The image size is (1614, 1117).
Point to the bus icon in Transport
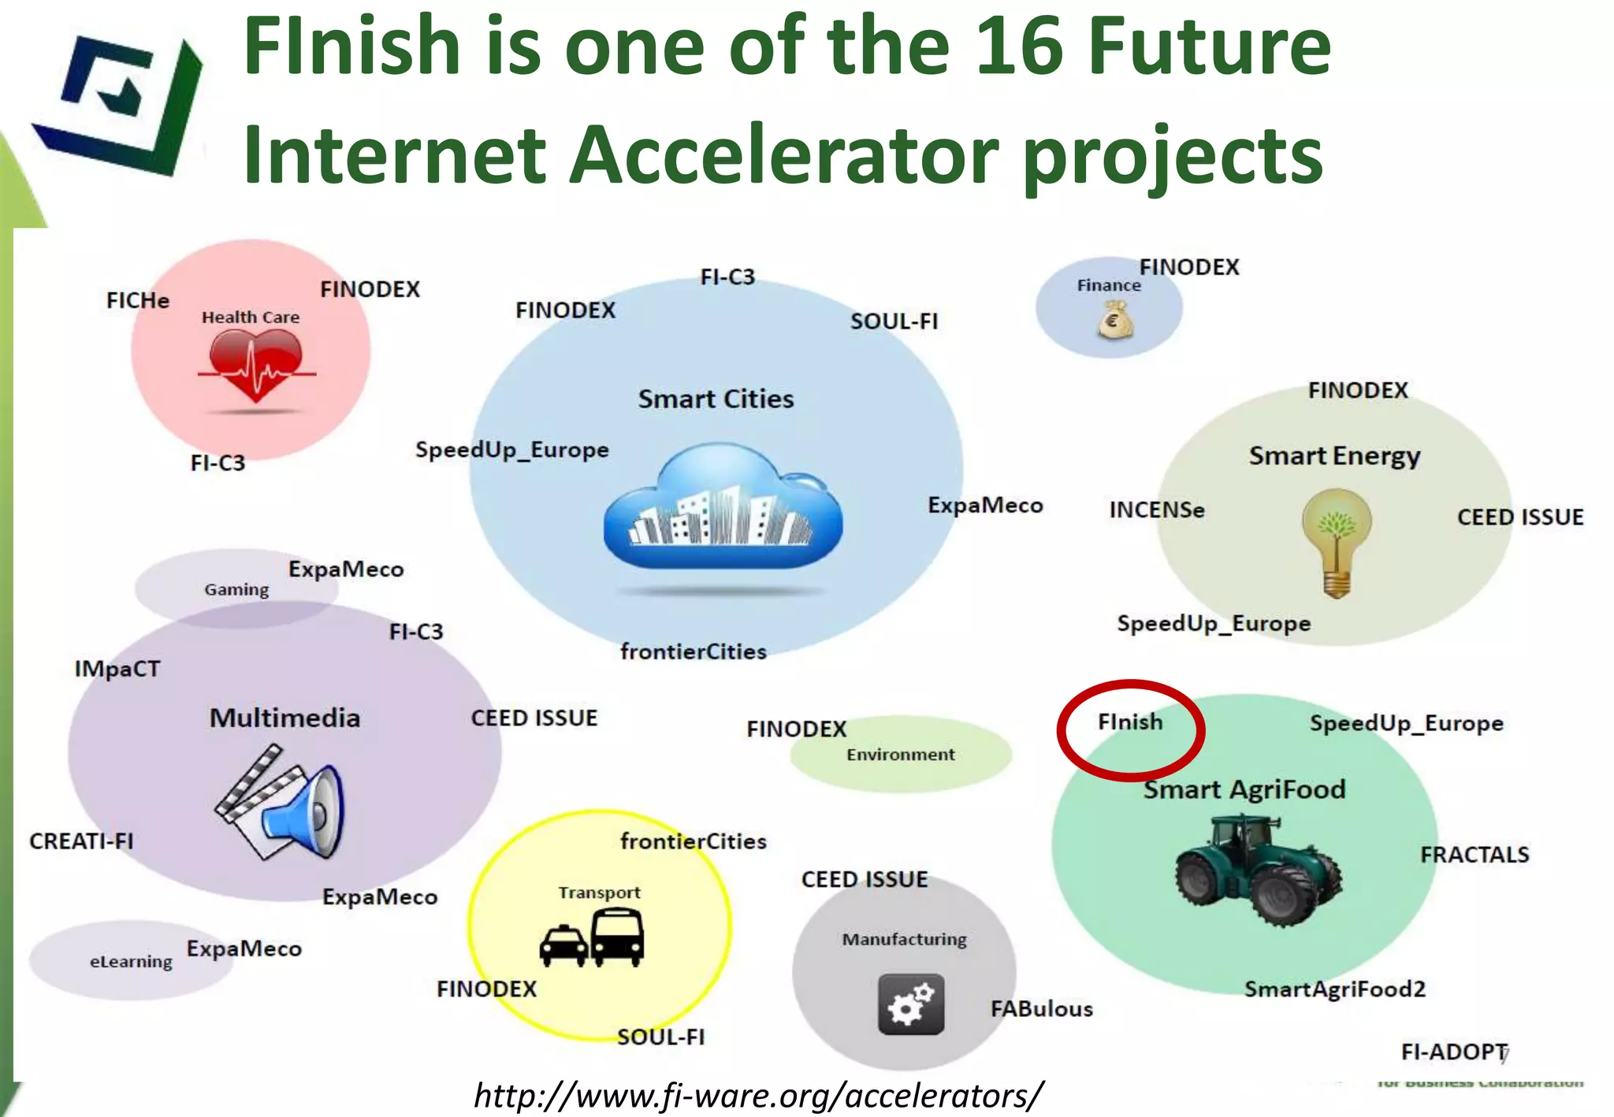pyautogui.click(x=617, y=937)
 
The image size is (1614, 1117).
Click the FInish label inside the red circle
pyautogui.click(x=1129, y=722)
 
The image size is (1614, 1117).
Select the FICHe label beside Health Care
pyautogui.click(x=138, y=300)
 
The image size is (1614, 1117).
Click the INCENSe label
pyautogui.click(x=1156, y=510)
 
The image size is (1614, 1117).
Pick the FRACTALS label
pyautogui.click(x=1474, y=854)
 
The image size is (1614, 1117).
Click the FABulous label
pyautogui.click(x=1041, y=1008)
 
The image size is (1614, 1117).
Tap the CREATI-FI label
pyautogui.click(x=81, y=841)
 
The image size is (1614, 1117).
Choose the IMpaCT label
pyautogui.click(x=117, y=669)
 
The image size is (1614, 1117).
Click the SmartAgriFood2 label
pyautogui.click(x=1334, y=989)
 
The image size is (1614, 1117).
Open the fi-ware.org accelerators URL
pyautogui.click(x=758, y=1095)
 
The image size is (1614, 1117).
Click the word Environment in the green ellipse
pyautogui.click(x=900, y=754)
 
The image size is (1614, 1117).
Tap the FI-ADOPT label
pyautogui.click(x=1452, y=1052)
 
